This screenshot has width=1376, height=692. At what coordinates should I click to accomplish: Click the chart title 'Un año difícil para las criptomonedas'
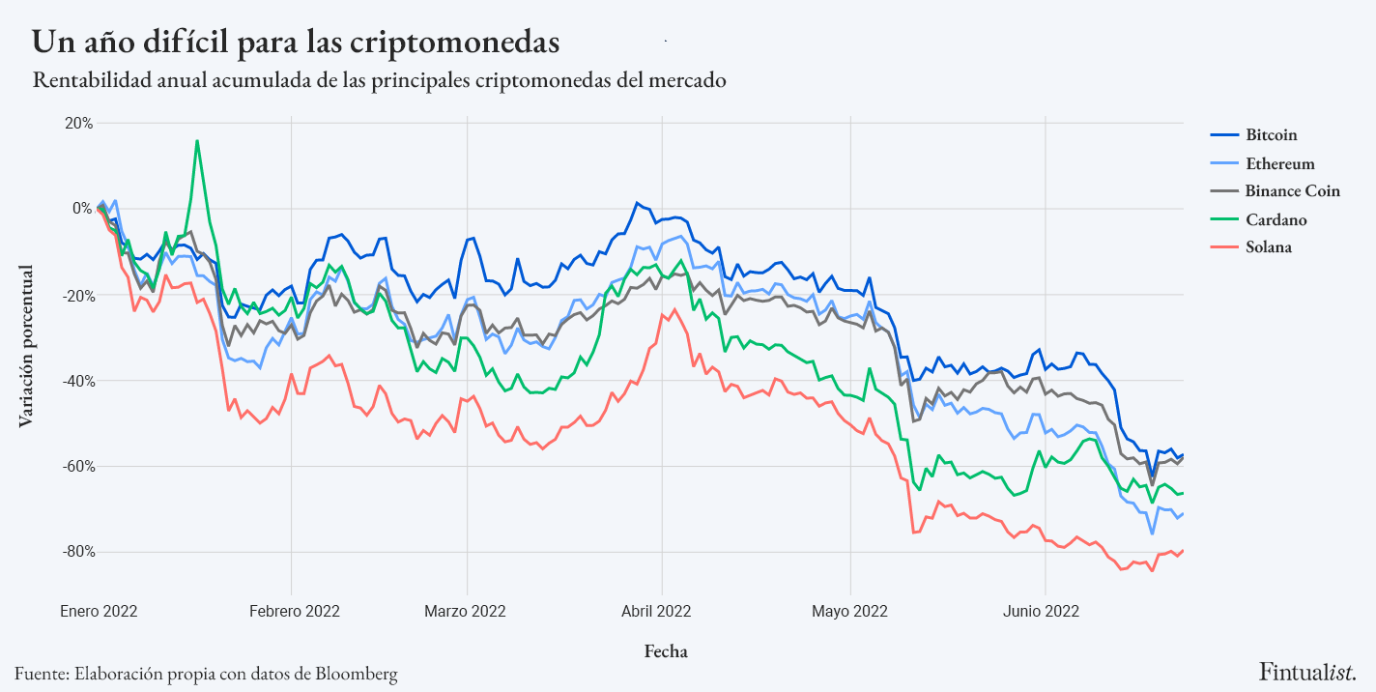(296, 43)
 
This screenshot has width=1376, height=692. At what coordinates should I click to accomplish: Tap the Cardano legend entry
(1276, 219)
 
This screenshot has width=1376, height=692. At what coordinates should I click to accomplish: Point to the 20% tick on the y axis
(78, 123)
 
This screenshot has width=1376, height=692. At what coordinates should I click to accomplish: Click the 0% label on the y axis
(82, 209)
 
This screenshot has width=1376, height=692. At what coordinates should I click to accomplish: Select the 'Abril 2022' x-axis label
(662, 611)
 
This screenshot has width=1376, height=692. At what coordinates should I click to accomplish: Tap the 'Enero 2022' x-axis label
(99, 611)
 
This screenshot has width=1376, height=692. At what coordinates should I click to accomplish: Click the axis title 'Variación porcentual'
(26, 345)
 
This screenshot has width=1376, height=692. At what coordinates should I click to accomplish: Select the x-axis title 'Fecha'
(666, 651)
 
